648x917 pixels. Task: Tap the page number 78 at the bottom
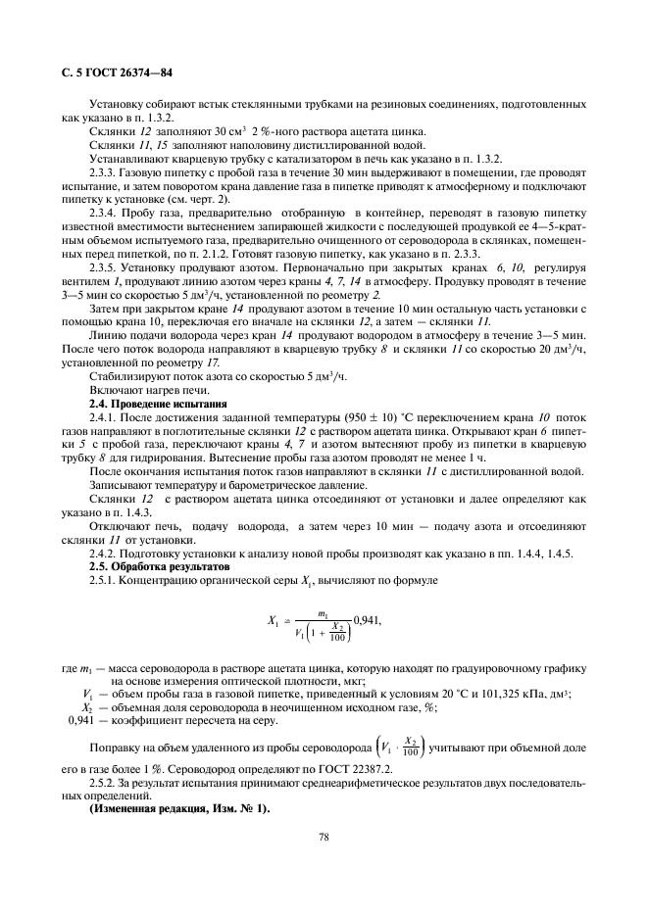point(324,838)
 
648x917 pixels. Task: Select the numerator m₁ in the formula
point(323,612)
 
